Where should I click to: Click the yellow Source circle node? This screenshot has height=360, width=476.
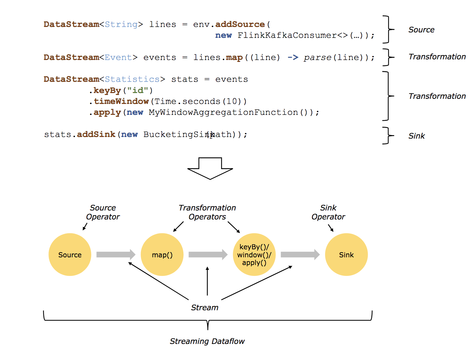[70, 254]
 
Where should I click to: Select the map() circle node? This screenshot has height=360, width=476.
[162, 254]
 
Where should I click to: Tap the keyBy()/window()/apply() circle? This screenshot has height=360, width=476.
[254, 254]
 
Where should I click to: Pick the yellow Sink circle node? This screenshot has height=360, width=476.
[346, 254]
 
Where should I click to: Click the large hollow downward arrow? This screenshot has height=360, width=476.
[210, 168]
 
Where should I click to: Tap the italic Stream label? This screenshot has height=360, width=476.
[205, 307]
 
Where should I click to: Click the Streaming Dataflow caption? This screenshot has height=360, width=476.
[207, 341]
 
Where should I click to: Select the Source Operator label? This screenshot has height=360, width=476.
[103, 212]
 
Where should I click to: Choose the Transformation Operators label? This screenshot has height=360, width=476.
[207, 212]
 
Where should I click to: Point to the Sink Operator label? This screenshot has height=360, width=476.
[328, 212]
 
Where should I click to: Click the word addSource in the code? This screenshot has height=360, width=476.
[240, 24]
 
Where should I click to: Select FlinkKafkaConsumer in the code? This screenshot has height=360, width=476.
[287, 35]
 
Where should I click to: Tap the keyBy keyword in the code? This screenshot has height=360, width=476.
[107, 90]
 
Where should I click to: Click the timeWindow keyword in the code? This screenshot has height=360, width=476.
[121, 101]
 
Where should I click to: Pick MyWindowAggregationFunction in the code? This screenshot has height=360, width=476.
[223, 112]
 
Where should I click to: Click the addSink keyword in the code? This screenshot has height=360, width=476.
[96, 134]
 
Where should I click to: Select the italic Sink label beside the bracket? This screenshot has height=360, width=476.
[417, 136]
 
